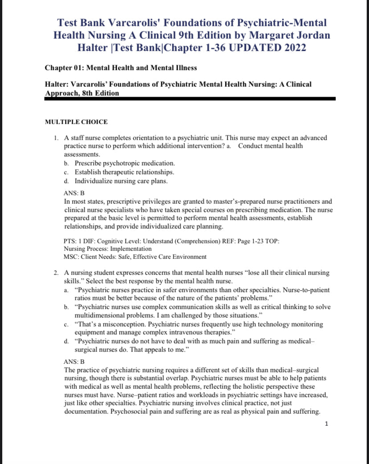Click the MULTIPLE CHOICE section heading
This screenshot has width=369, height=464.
[76, 122]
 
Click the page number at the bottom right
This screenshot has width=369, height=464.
[327, 424]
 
